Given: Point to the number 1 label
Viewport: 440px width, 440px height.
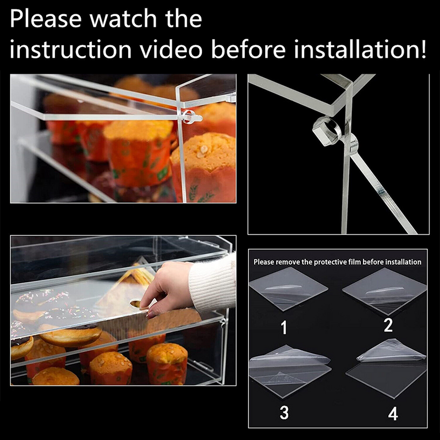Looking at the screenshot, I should pyautogui.click(x=284, y=328).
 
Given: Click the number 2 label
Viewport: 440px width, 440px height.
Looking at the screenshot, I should pyautogui.click(x=388, y=326).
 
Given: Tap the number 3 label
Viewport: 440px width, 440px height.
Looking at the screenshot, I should pyautogui.click(x=284, y=413).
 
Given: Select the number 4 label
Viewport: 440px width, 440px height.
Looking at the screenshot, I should pyautogui.click(x=393, y=414).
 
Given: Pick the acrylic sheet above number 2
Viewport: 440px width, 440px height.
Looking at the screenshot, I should pyautogui.click(x=385, y=288).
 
